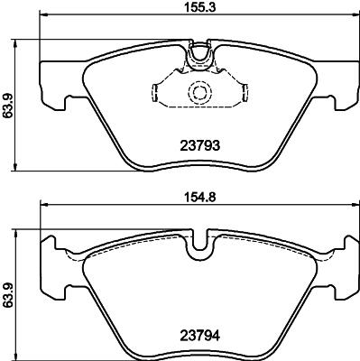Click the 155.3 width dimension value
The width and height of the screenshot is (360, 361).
click(x=199, y=7)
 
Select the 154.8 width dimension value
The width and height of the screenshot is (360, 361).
click(x=199, y=198)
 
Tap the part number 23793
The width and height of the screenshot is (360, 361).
click(x=199, y=146)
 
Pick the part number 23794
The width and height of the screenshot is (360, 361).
click(x=199, y=336)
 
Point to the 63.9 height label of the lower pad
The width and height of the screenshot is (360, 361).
click(x=7, y=295)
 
